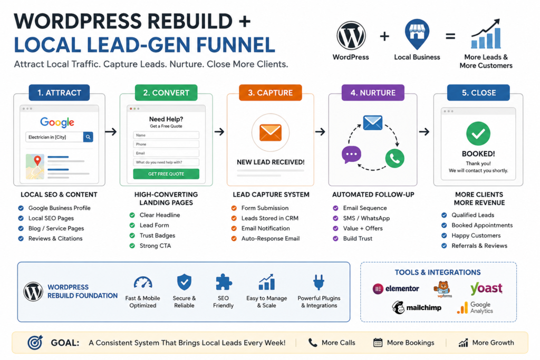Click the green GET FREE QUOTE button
click(166, 174)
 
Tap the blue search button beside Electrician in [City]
click(88, 137)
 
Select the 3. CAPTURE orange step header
click(271, 93)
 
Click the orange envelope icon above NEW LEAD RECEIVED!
click(271, 133)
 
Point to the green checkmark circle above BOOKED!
click(478, 133)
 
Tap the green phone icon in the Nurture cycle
click(394, 158)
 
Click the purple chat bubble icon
click(351, 154)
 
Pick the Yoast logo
click(486, 288)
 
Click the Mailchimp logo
click(417, 307)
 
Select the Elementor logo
click(396, 288)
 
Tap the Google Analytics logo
click(475, 307)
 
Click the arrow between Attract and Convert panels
click(111, 132)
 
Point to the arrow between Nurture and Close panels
click(424, 132)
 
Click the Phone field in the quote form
click(166, 144)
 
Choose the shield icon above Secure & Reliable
click(184, 283)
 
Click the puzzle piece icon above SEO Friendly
click(224, 283)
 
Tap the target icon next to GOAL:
click(35, 343)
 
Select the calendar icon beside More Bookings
click(378, 343)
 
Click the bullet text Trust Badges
click(157, 236)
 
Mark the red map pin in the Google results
click(37, 160)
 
